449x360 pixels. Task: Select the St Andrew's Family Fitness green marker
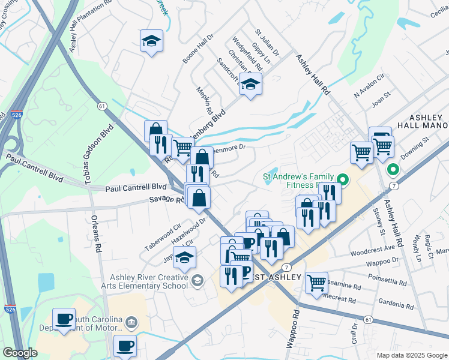coord(343,179)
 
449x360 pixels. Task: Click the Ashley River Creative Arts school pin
coord(197,281)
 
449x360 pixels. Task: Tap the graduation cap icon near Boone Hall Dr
coord(151,41)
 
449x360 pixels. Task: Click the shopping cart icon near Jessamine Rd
coord(316,281)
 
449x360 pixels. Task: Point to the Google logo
coord(20,353)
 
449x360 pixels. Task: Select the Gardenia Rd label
coord(397,307)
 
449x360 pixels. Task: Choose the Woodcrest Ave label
coord(373,248)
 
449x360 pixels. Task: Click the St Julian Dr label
coord(268,43)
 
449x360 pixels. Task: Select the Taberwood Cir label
coord(163,238)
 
